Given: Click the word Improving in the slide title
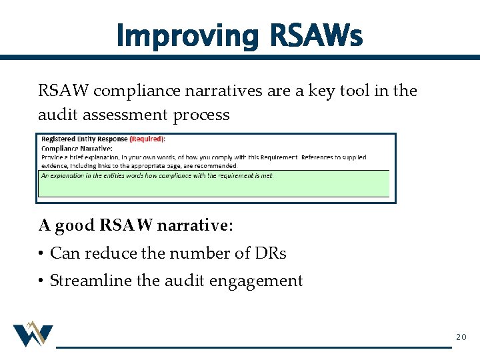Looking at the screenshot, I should (185, 36).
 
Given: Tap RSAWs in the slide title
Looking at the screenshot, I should (316, 36).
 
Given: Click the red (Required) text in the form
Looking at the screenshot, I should (147, 139).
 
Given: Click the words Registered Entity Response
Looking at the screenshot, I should (84, 139).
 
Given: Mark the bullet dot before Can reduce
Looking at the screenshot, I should (41, 254).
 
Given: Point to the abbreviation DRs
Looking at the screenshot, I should (271, 253).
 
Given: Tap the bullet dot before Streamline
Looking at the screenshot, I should (41, 281).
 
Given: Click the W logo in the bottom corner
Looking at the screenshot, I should (33, 334).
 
